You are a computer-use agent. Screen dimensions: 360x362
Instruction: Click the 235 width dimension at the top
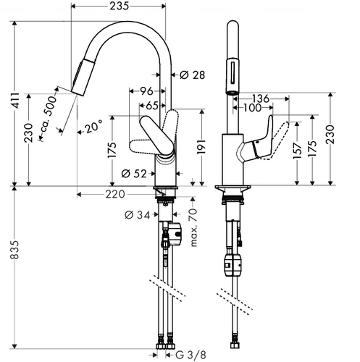[x=120, y=6]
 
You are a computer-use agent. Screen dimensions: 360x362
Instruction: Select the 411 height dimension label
[x=16, y=100]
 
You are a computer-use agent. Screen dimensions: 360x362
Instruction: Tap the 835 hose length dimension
[x=14, y=249]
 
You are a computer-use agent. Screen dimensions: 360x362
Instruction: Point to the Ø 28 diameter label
[x=193, y=75]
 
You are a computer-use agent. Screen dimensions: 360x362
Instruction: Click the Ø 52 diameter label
[x=134, y=173]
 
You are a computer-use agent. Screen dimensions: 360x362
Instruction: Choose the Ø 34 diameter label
[x=138, y=215]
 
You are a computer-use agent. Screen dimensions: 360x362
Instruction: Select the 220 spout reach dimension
[x=115, y=194]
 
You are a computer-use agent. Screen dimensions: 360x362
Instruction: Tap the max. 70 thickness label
[x=194, y=227]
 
